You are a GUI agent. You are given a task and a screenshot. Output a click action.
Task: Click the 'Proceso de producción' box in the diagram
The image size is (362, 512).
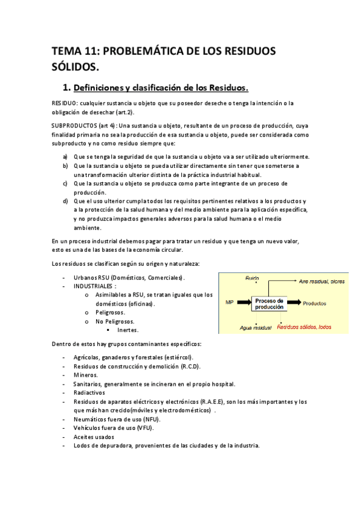(x=269, y=304)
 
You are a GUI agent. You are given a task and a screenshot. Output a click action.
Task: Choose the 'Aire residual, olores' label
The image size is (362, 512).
(x=321, y=281)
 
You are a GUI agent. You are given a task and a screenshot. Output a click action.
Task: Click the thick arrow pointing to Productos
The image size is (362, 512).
(x=293, y=303)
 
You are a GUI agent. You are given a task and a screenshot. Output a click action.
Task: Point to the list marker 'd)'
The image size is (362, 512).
(x=65, y=200)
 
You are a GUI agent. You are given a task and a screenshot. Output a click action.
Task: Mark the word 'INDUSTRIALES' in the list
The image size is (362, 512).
(x=94, y=286)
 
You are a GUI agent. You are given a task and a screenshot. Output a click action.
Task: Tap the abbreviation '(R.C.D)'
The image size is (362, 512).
(x=190, y=366)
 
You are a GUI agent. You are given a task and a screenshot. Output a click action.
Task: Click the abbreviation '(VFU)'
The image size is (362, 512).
(x=144, y=428)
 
